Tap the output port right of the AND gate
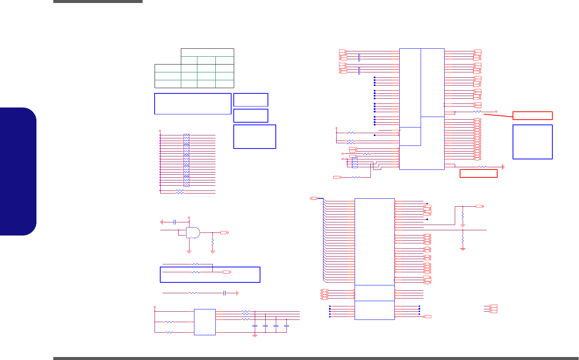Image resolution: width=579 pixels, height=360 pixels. click(x=224, y=233)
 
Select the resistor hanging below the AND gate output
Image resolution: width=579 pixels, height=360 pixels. click(x=213, y=242)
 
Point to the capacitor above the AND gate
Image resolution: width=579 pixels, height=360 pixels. click(x=175, y=222)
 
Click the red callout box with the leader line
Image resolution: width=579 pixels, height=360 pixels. click(x=532, y=115)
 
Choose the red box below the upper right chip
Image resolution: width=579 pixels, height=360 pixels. click(x=478, y=173)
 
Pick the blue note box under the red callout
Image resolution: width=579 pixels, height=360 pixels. click(x=532, y=142)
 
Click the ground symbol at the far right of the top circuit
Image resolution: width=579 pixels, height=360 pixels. click(x=504, y=166)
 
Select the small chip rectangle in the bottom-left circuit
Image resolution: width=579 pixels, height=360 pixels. click(x=205, y=322)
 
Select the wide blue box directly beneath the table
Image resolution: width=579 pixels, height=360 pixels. click(x=192, y=103)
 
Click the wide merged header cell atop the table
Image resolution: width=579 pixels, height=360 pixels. click(x=207, y=52)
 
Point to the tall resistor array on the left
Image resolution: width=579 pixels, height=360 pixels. click(x=186, y=160)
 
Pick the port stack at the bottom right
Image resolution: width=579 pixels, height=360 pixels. click(x=493, y=309)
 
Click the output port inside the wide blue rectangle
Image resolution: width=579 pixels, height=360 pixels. click(x=227, y=272)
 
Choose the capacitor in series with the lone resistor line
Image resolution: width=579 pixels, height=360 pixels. click(x=224, y=293)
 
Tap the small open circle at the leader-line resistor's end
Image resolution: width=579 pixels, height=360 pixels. click(x=496, y=112)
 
